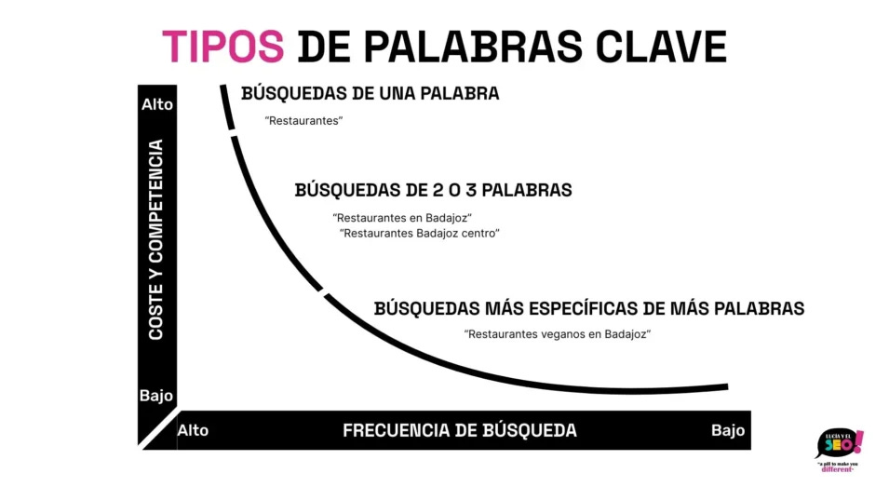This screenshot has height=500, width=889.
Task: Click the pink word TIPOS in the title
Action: click(223, 46)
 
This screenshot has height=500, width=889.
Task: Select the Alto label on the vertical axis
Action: click(156, 104)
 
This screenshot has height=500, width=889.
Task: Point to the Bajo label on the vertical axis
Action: click(156, 396)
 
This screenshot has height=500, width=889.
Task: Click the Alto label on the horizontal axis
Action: click(193, 430)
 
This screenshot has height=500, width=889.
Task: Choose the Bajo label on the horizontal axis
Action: click(728, 430)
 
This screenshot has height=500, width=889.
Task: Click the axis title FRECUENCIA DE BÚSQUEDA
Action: click(459, 430)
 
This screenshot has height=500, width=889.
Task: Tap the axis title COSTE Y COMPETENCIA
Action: click(156, 239)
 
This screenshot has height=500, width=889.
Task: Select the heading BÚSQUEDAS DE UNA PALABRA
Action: click(370, 94)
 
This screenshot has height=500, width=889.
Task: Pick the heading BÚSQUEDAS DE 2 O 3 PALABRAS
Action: click(433, 191)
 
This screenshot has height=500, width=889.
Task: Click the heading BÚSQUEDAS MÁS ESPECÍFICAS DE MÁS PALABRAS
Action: click(588, 308)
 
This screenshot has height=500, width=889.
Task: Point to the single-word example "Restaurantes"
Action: click(303, 121)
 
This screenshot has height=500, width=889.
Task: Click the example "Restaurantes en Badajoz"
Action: click(402, 218)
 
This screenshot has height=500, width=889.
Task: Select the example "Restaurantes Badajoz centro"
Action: click(420, 234)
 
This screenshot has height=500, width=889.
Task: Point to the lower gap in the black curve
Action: click(321, 291)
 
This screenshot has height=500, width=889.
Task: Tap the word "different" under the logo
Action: click(839, 469)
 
